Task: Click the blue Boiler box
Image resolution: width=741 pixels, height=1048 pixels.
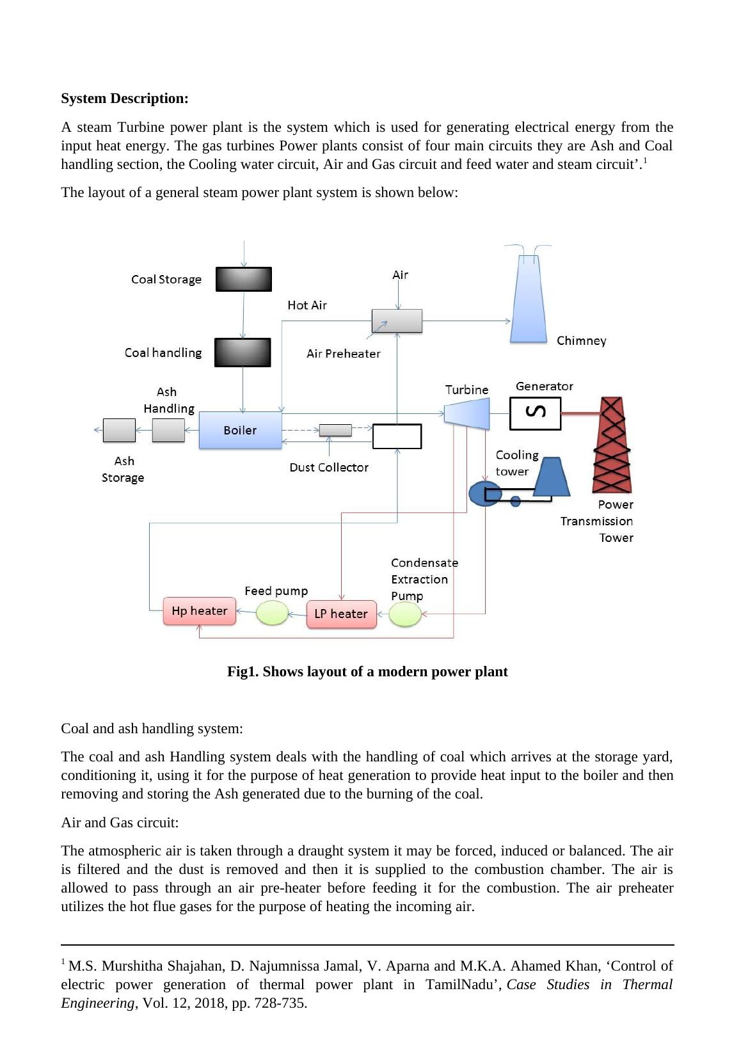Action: tap(240, 430)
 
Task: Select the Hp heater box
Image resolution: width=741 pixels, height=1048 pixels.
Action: tap(199, 611)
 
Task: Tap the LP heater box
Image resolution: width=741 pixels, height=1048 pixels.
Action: tap(341, 614)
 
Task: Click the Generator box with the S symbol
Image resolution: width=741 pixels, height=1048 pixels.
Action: tap(535, 413)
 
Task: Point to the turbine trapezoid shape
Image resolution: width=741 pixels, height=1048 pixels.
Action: tap(467, 413)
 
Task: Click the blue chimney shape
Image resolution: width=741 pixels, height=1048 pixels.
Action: tap(529, 301)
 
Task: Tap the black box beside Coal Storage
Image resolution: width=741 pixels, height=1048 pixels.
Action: tap(243, 279)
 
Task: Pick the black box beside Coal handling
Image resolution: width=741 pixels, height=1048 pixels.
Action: tap(243, 353)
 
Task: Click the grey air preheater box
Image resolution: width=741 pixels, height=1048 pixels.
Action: tap(397, 321)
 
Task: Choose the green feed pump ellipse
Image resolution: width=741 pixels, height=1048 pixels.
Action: tap(272, 613)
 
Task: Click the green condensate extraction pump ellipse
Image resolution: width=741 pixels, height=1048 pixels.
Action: tap(405, 615)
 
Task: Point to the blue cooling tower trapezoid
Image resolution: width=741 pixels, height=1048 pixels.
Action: tap(552, 477)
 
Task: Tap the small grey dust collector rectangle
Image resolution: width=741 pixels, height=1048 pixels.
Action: tap(335, 430)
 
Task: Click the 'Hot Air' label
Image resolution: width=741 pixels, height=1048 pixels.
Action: tap(307, 305)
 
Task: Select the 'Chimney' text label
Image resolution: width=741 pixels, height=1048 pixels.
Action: tap(581, 340)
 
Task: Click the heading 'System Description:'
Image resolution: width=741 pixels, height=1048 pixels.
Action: tap(125, 99)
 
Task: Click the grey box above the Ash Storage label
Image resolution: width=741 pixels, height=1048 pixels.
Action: tap(119, 430)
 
